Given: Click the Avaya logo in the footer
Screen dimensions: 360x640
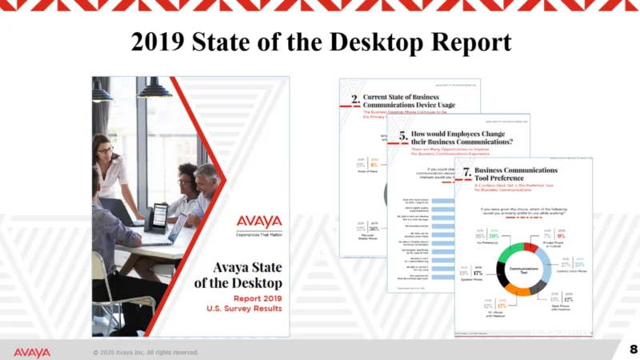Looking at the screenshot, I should (x=31, y=352).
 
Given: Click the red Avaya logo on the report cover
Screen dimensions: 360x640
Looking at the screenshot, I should (x=258, y=221).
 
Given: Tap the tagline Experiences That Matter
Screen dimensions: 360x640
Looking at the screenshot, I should (x=258, y=234).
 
